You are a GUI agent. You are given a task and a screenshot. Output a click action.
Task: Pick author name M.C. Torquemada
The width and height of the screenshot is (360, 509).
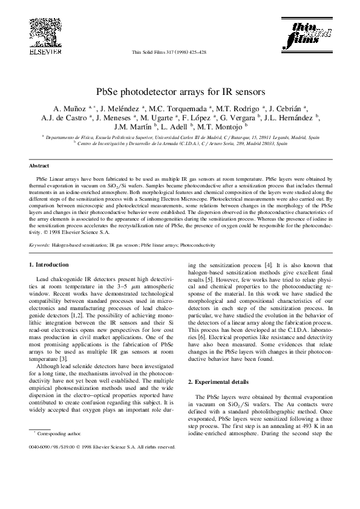pos(177,109)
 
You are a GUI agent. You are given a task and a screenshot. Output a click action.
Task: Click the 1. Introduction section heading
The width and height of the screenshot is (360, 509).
pos(53,265)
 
